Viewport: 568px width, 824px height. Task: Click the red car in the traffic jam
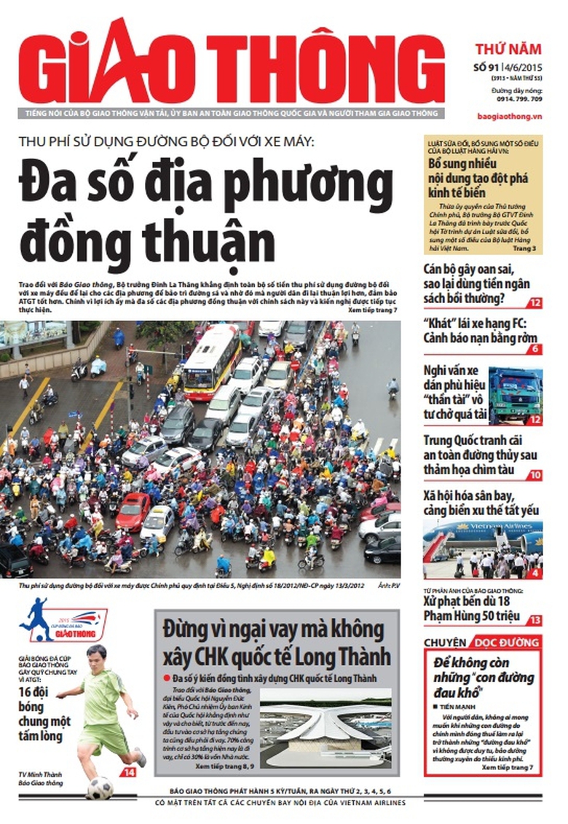pos(133,511)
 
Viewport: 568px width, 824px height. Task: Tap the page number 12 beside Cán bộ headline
pos(535,302)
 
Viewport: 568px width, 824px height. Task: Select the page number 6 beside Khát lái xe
pos(535,349)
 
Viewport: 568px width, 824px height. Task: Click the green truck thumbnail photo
pos(515,395)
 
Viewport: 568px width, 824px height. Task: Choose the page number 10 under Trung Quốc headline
pos(535,475)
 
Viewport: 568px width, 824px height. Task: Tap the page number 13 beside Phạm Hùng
pos(535,620)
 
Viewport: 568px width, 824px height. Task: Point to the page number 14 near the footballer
pos(128,772)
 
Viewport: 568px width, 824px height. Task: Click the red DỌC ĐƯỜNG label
pos(507,643)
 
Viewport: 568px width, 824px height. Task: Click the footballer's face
pos(95,659)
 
